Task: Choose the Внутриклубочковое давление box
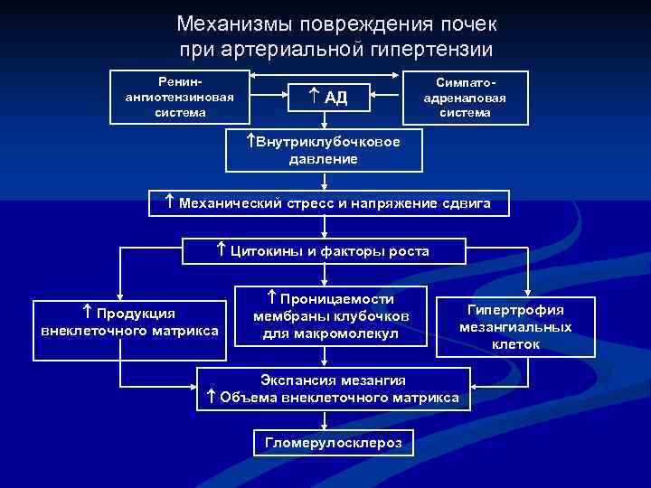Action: pos(323,150)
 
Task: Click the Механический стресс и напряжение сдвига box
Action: pos(329,203)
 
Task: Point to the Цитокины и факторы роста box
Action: pos(324,250)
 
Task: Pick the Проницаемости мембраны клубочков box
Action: pos(331,316)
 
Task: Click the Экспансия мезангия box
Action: pos(333,389)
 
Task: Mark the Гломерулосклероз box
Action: pos(333,443)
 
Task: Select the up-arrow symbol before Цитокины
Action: pos(221,250)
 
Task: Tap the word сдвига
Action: pos(464,203)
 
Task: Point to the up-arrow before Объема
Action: pos(210,398)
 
